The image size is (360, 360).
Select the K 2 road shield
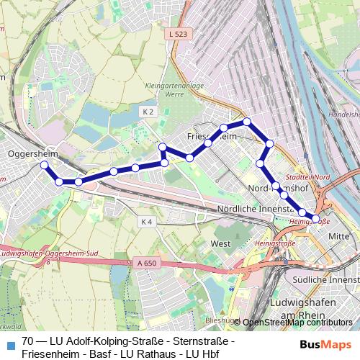tap(148, 112)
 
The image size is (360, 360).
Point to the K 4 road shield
tap(147, 222)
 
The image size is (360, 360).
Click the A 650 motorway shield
tap(146, 264)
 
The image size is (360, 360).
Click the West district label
tap(220, 244)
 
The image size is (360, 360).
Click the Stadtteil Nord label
tap(307, 176)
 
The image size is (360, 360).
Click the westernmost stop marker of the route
tap(44, 165)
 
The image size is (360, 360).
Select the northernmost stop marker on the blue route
tap(247, 122)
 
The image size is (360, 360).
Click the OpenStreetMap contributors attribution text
tap(297, 322)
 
